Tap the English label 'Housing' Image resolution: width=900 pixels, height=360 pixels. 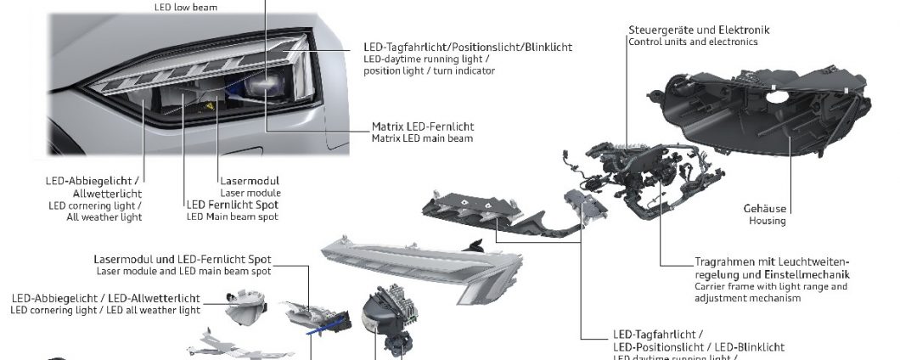point(767,221)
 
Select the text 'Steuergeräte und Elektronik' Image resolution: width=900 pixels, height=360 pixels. point(699,30)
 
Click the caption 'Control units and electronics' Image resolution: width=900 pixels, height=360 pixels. point(693,42)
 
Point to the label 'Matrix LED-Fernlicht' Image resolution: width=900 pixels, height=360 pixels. point(423,127)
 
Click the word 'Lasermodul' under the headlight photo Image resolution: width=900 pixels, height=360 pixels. point(250,181)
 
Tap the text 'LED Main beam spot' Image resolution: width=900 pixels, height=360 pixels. point(232,217)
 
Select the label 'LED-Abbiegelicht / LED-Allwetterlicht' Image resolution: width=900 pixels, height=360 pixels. point(105,298)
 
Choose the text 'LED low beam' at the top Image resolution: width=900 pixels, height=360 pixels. point(185,8)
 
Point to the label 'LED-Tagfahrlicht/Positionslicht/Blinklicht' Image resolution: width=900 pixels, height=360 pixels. point(467,47)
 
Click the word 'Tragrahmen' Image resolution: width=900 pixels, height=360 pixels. point(722,262)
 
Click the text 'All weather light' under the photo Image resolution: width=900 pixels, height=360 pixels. point(104,217)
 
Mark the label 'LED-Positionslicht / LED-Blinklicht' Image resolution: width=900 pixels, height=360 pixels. point(698,347)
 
